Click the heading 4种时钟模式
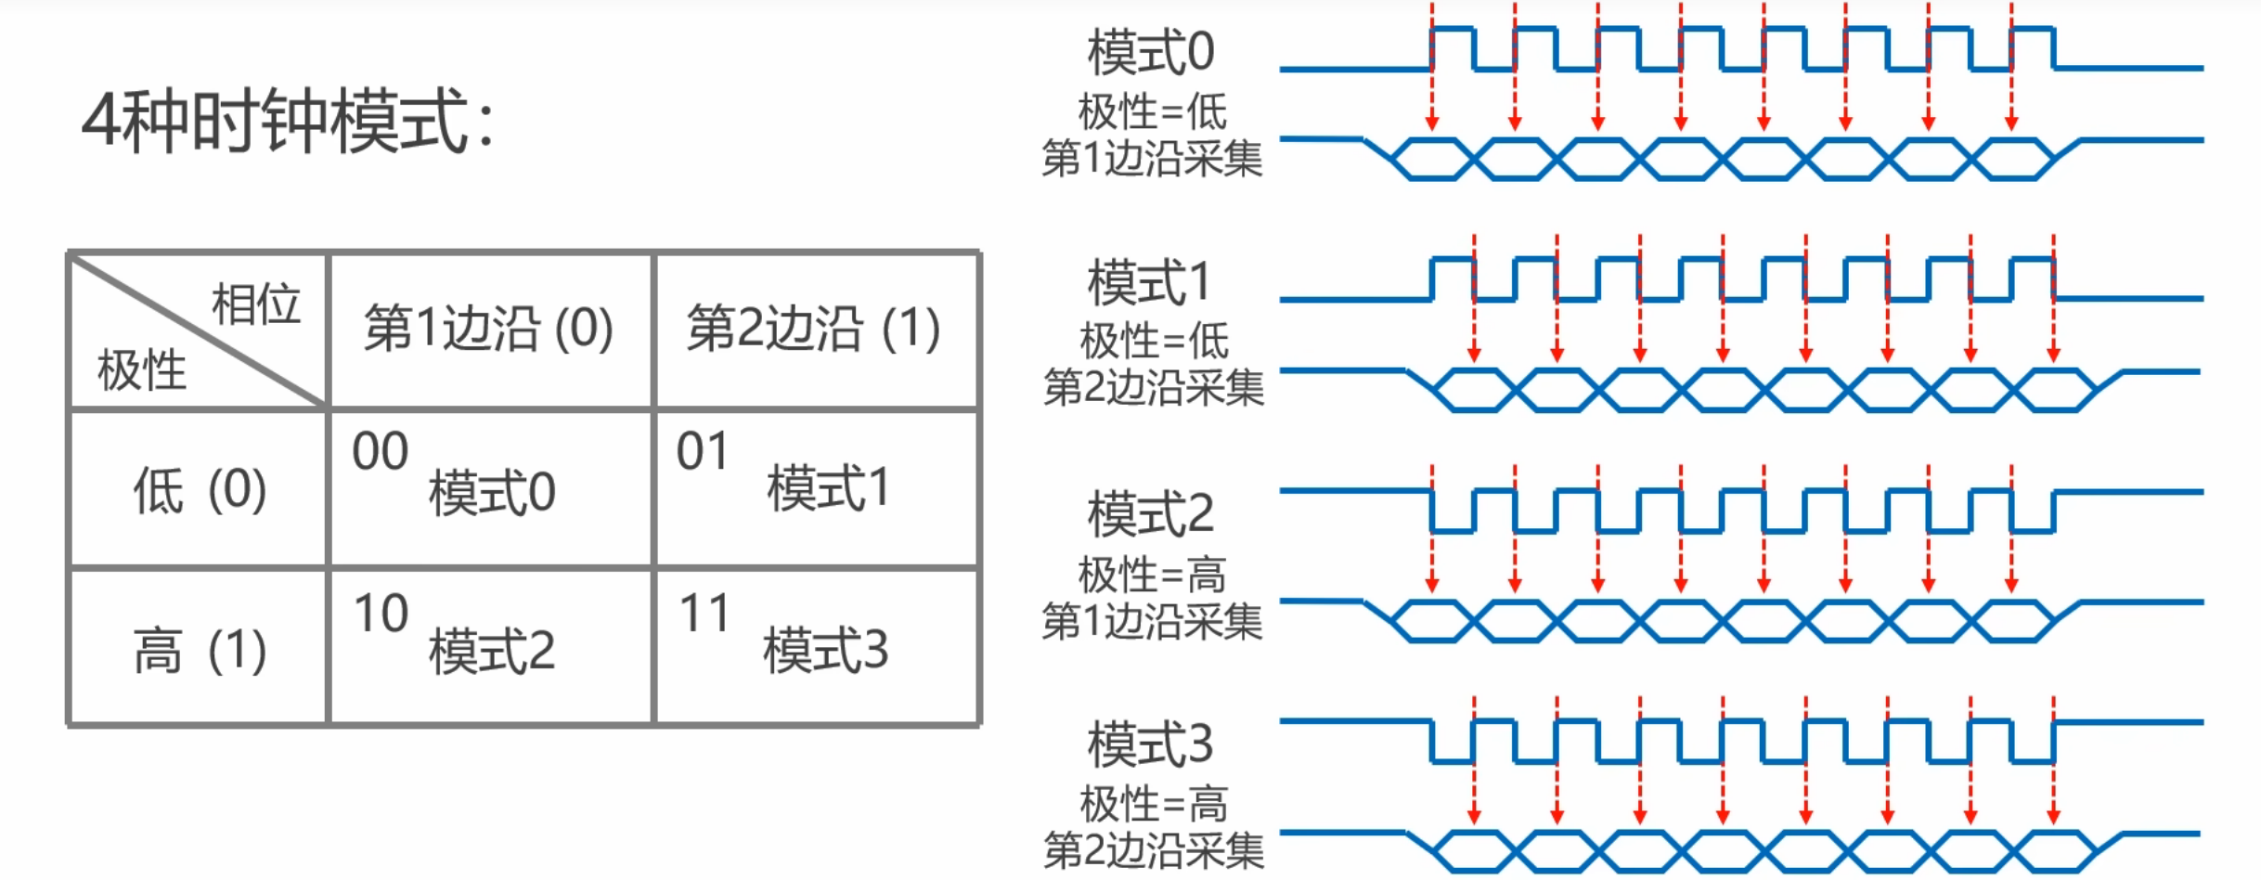click(288, 122)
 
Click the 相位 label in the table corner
click(256, 304)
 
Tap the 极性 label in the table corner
click(142, 369)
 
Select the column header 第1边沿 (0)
click(489, 328)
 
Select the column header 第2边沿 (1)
click(814, 328)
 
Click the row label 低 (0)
click(200, 489)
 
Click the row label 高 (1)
click(200, 649)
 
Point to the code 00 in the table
click(381, 452)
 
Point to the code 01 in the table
click(703, 452)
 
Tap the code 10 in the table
click(381, 614)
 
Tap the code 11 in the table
click(704, 614)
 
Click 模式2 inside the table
click(492, 651)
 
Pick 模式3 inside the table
click(826, 649)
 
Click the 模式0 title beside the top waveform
click(1151, 52)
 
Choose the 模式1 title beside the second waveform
click(1151, 282)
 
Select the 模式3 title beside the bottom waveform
click(1151, 744)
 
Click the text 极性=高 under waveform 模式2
click(1153, 575)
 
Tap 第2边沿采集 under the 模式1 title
click(1154, 387)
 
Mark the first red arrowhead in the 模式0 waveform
click(1432, 123)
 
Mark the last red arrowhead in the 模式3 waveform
click(2054, 816)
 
